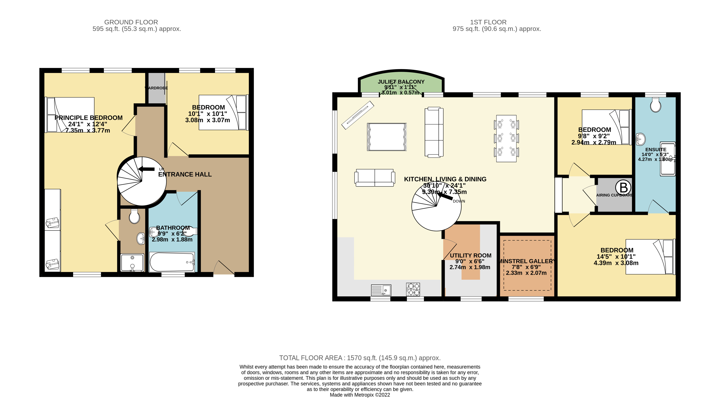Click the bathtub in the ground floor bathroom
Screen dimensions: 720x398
(x=172, y=262)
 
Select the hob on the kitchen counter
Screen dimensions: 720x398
(x=413, y=289)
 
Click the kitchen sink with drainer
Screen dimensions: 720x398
(x=381, y=290)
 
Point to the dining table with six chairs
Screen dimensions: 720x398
(x=506, y=138)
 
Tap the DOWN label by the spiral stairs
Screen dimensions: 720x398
(x=459, y=201)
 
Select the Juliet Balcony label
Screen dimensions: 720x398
(x=401, y=82)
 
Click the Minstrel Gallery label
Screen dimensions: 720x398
(x=527, y=261)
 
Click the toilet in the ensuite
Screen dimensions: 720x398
(x=656, y=105)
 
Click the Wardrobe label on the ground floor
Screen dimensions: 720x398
(x=156, y=88)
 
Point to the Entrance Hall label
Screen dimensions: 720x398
(x=185, y=174)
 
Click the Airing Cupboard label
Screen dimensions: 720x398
(x=614, y=195)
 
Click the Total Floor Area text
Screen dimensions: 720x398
(x=360, y=358)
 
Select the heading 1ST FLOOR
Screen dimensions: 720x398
(x=488, y=22)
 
